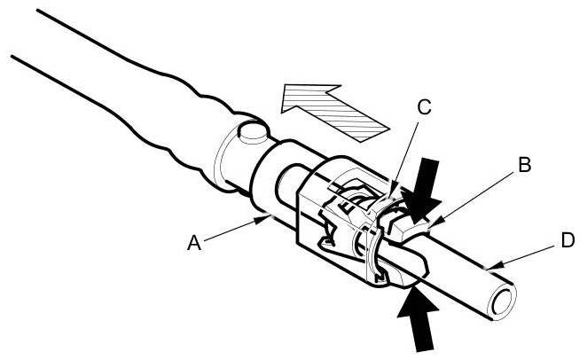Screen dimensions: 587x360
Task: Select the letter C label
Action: point(423,108)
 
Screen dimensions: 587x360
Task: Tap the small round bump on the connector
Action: point(253,133)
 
